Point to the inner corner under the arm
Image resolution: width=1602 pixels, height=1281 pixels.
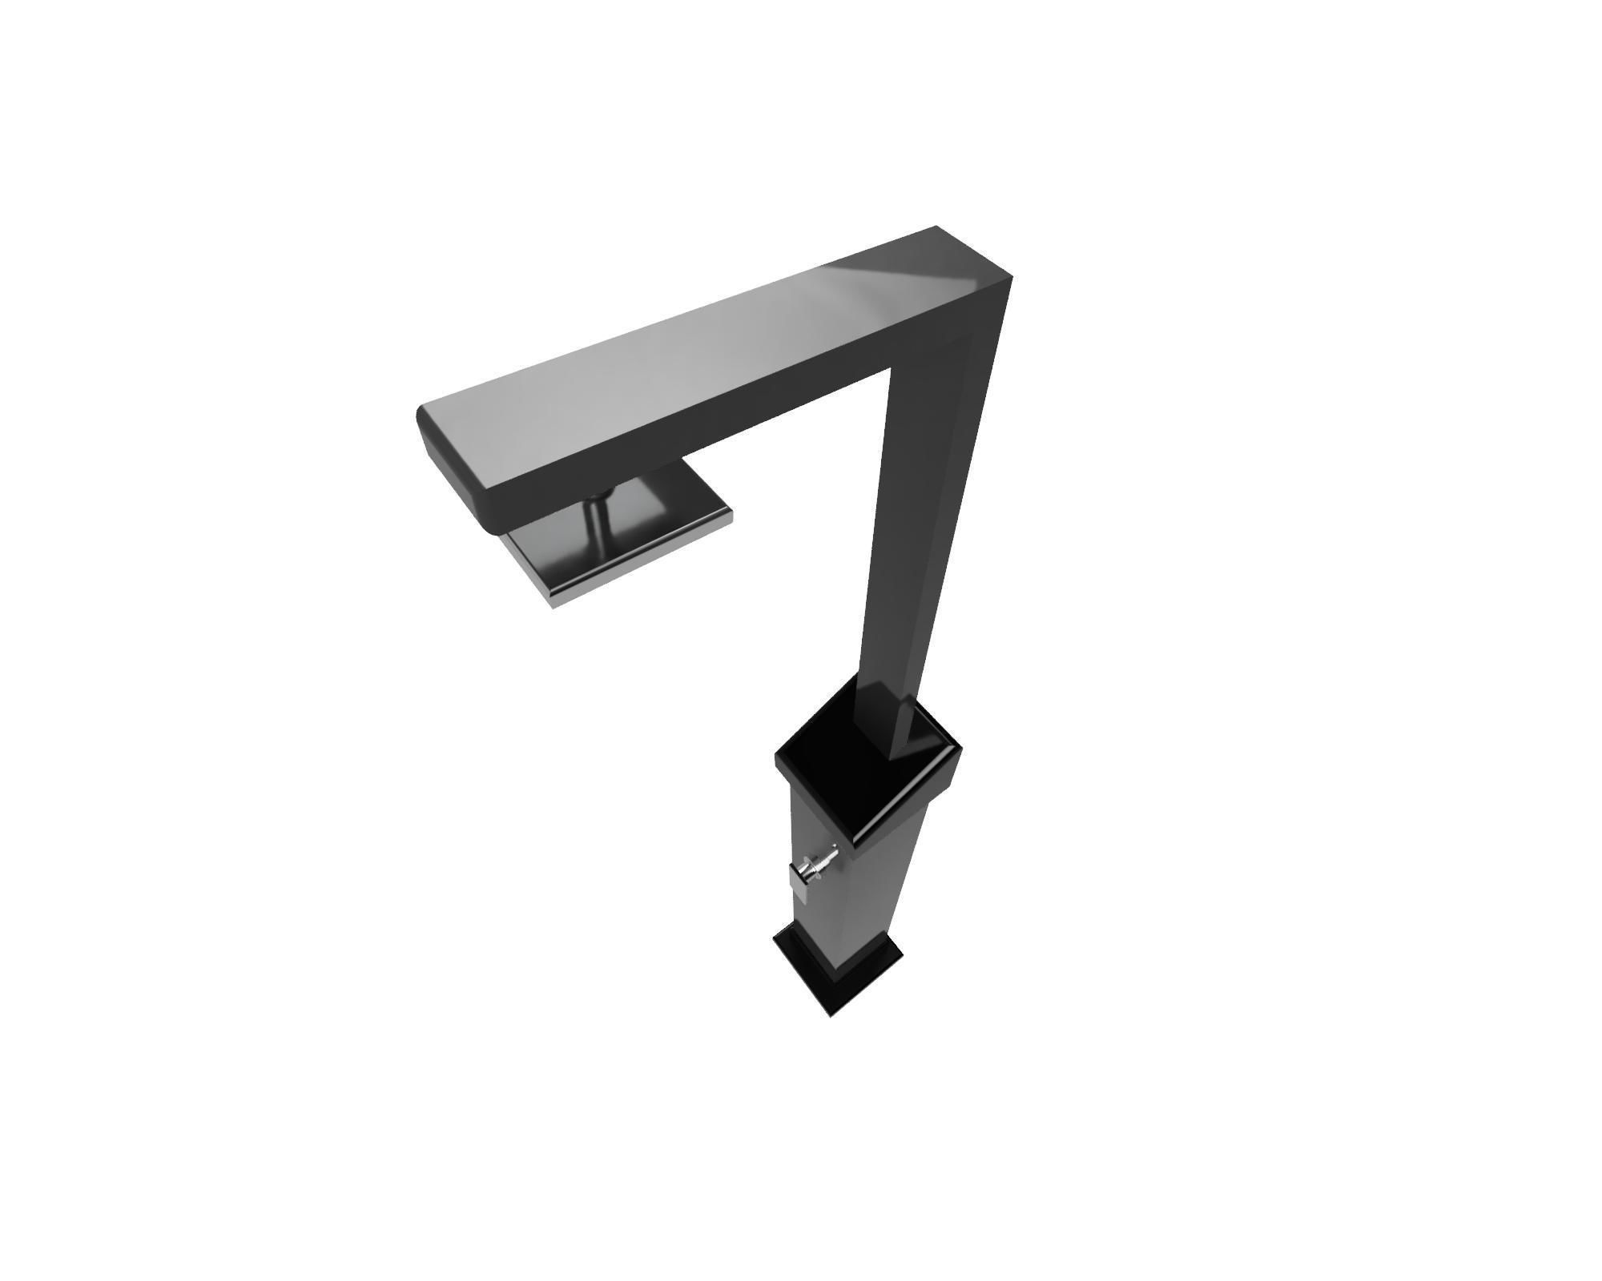coord(891,370)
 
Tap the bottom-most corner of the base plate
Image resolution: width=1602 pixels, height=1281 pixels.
coord(831,1016)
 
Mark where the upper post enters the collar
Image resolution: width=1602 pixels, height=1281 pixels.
coord(889,737)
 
